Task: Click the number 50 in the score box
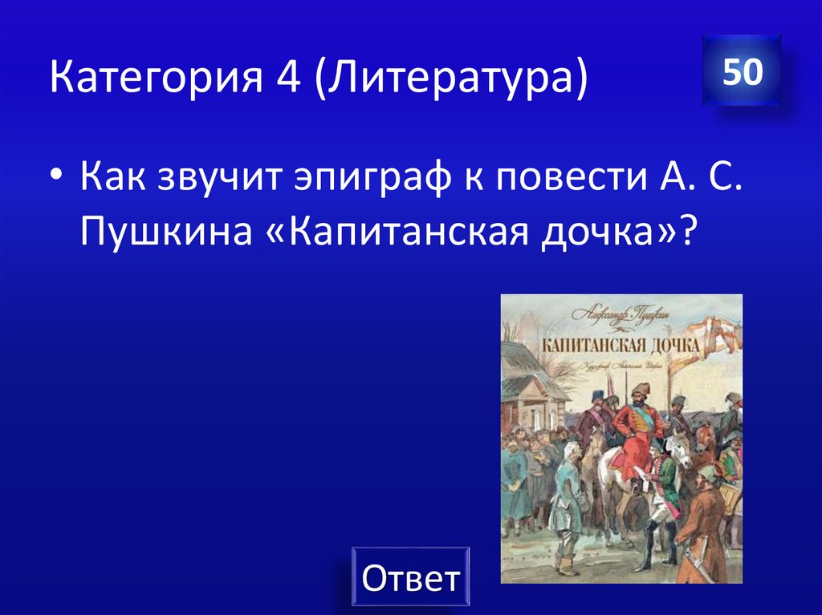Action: coord(742,73)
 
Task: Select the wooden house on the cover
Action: coord(530,394)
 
